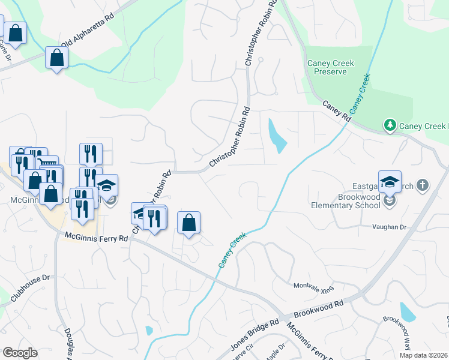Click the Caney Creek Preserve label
330,67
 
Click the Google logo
20,353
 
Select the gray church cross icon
422,185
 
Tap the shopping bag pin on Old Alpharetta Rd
56,58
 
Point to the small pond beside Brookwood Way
408,312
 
